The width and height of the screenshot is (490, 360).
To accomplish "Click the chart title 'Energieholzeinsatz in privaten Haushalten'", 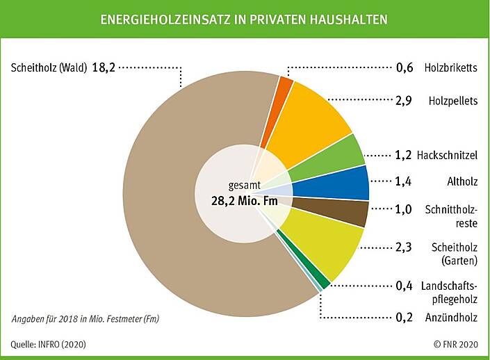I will click(245, 19).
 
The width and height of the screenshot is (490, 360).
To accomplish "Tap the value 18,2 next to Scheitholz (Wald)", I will click(103, 68).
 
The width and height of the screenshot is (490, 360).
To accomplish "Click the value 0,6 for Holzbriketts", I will click(404, 68).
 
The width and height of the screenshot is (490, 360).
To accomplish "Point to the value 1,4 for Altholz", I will click(404, 183).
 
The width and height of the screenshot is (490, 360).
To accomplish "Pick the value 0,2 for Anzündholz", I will click(404, 318).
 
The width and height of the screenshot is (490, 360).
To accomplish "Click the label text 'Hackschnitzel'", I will click(448, 154).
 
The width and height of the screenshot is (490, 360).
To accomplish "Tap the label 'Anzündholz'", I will click(451, 318).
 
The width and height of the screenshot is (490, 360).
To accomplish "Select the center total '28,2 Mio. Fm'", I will click(244, 201).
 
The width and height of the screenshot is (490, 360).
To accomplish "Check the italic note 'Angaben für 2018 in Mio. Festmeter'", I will click(90, 319).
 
